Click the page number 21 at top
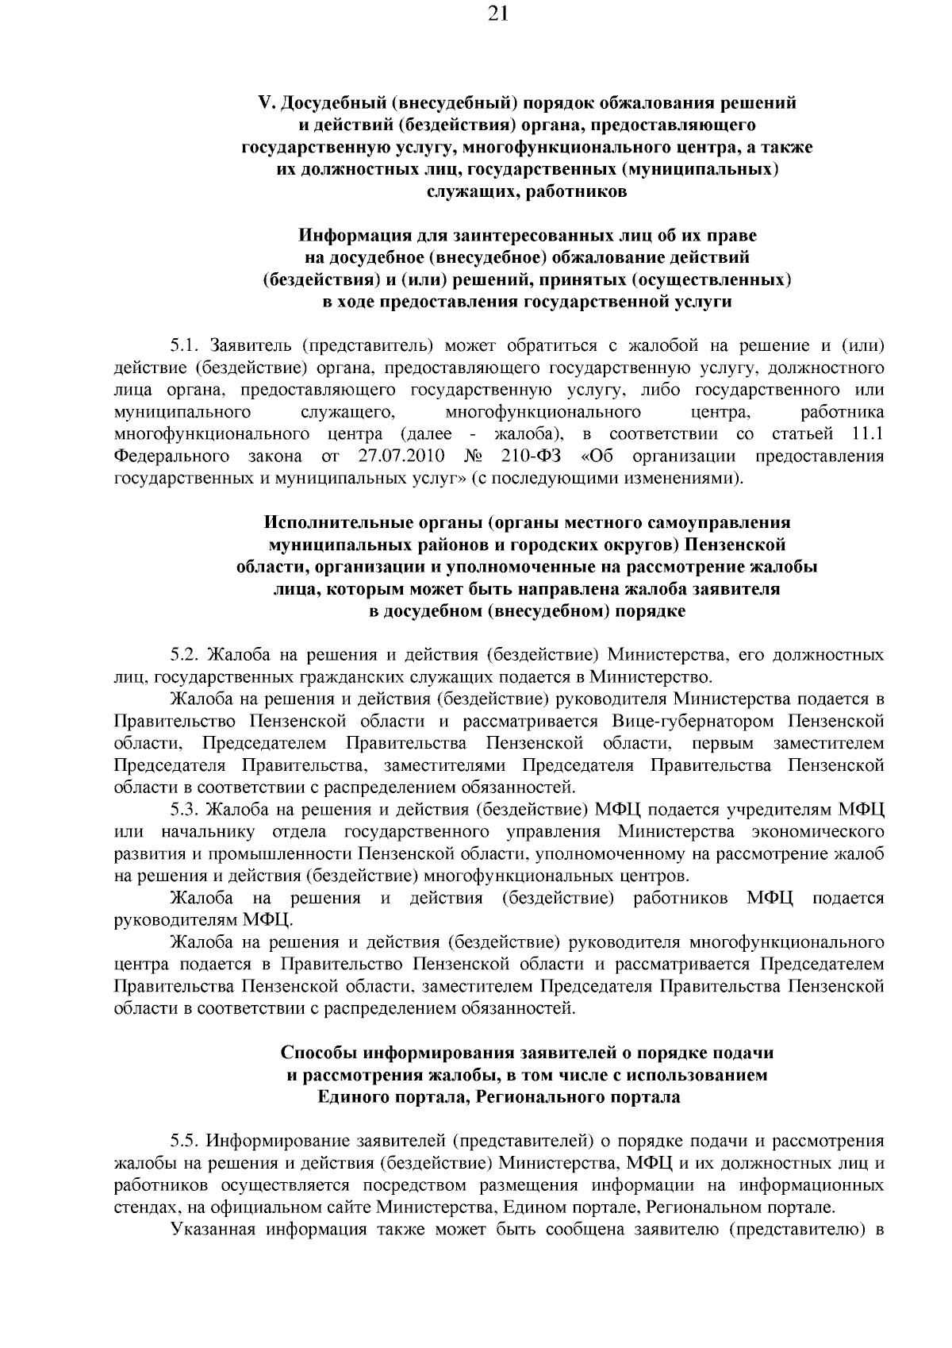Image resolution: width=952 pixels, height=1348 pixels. [x=475, y=13]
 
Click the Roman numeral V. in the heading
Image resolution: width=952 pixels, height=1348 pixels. [x=265, y=103]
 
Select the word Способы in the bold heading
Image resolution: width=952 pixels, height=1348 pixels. [x=319, y=1053]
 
